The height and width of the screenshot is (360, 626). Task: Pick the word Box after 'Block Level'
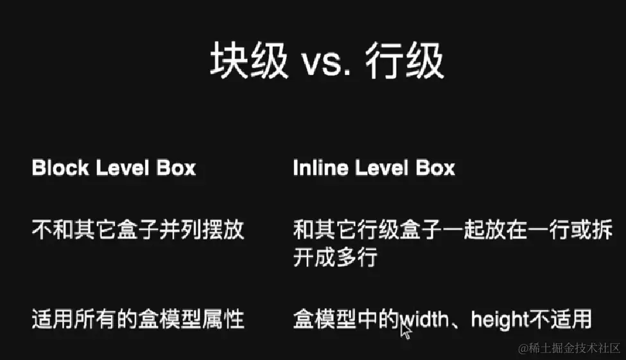(176, 169)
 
